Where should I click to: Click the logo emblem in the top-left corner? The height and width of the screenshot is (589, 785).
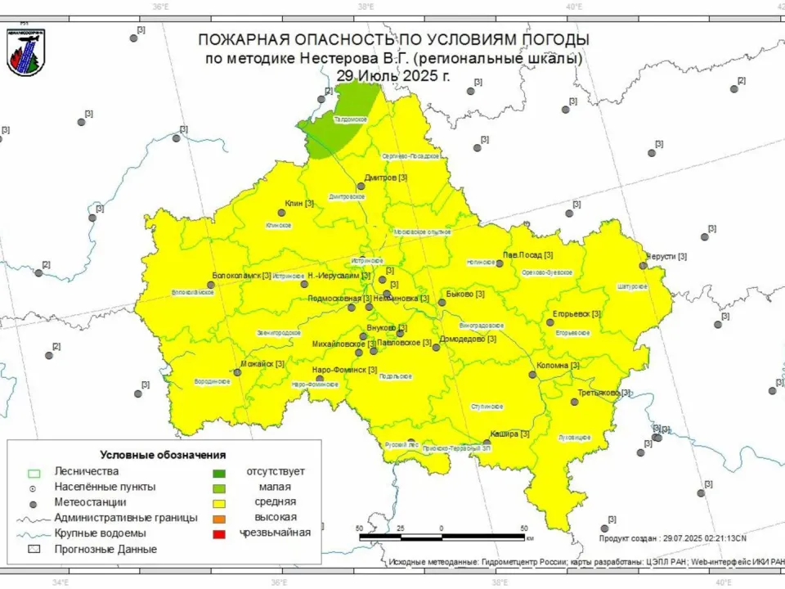[25, 52]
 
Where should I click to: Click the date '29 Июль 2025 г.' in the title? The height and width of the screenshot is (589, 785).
[393, 76]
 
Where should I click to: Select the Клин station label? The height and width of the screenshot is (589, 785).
[298, 204]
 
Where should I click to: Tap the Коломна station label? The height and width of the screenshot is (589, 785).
[558, 366]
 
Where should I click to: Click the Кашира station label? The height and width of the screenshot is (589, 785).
[509, 434]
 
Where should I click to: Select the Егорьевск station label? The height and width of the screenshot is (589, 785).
[576, 314]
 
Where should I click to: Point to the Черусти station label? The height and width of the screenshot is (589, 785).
[666, 257]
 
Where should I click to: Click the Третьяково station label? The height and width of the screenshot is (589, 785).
[603, 393]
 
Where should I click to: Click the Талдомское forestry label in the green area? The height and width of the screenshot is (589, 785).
[350, 120]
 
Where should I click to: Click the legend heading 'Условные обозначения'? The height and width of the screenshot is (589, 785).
[163, 455]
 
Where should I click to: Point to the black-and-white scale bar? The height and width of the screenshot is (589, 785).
[442, 537]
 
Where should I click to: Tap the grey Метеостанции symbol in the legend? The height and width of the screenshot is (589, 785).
[34, 502]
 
